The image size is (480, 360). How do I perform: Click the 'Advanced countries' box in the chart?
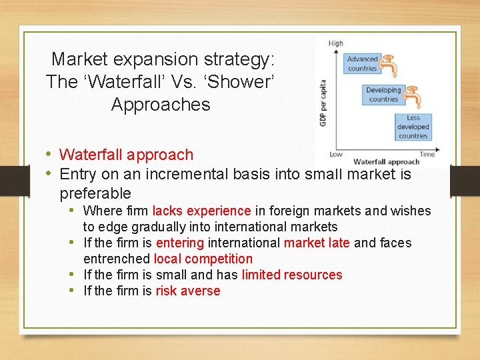362,63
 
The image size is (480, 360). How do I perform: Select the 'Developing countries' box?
383,95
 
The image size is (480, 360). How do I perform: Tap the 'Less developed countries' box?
413,127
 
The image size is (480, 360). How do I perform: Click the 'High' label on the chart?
336,43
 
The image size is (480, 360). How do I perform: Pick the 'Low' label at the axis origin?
337,154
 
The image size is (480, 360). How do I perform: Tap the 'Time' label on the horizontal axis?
427,154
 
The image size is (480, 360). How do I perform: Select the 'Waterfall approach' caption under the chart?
386,161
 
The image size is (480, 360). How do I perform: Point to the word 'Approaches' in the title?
161,105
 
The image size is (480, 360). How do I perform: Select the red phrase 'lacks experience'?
201,211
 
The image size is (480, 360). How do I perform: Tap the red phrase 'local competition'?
203,259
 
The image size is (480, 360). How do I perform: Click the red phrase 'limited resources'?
292,275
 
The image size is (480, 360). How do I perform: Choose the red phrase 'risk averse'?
187,291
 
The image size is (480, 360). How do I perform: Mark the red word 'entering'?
180,243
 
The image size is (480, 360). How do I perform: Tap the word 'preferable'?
95,193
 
